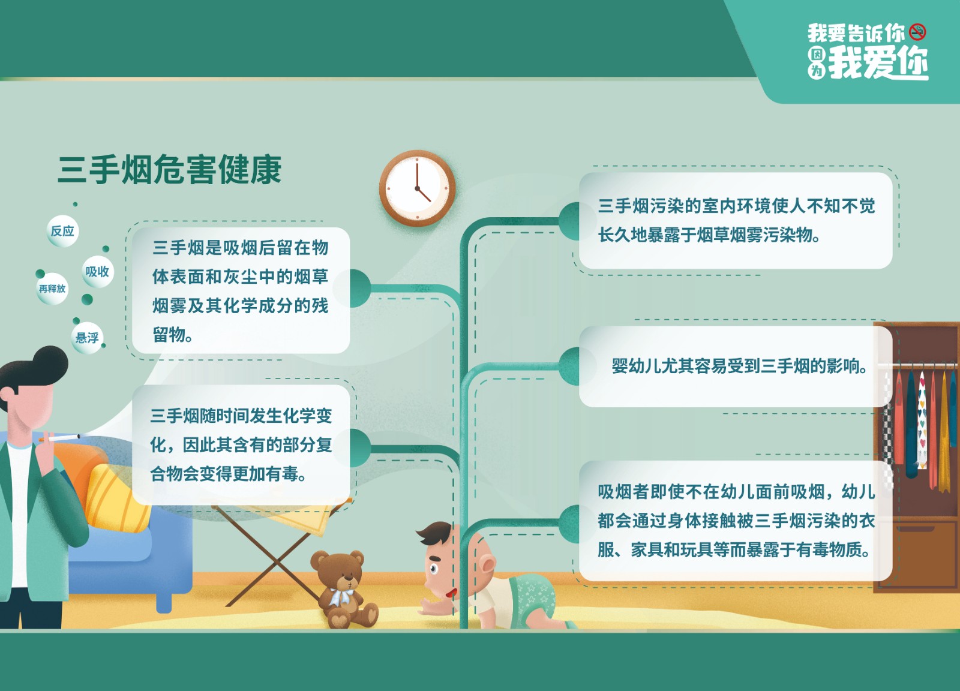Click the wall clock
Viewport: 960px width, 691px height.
tap(418, 188)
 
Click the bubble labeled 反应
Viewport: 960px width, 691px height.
tap(62, 231)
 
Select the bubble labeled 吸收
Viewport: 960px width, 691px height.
tap(97, 272)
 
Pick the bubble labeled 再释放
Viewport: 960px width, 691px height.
tap(52, 289)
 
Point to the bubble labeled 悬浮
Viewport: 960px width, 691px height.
tap(87, 338)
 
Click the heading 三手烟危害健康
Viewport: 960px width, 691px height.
tap(170, 170)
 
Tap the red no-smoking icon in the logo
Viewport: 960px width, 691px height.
tap(917, 32)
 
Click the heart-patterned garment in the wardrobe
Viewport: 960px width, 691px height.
tap(922, 420)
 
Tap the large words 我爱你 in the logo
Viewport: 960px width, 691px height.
tap(878, 63)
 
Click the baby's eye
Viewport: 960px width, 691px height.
tap(434, 568)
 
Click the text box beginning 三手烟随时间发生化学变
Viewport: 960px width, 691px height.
tap(241, 444)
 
